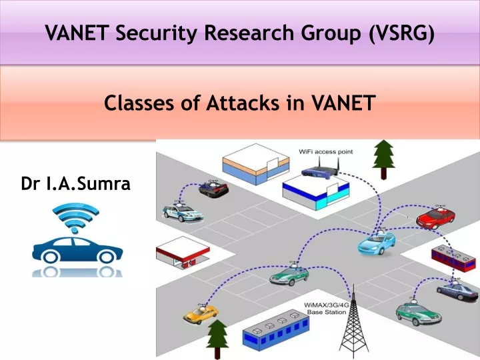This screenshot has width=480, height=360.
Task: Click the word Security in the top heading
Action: pyautogui.click(x=157, y=33)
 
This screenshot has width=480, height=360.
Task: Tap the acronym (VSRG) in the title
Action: pyautogui.click(x=401, y=33)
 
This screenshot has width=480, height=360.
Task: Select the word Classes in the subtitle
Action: pyautogui.click(x=139, y=103)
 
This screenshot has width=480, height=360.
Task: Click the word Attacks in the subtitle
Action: pyautogui.click(x=243, y=103)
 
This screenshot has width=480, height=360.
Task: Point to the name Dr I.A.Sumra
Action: pyautogui.click(x=75, y=183)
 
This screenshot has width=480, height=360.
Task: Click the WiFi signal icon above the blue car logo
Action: pyautogui.click(x=75, y=217)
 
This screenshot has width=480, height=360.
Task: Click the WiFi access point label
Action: pyautogui.click(x=326, y=151)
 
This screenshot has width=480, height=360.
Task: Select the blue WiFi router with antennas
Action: pyautogui.click(x=320, y=170)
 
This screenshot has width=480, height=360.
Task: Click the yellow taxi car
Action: pyautogui.click(x=201, y=313)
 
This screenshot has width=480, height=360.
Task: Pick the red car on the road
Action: pyautogui.click(x=435, y=218)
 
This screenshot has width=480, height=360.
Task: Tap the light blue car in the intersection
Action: pyautogui.click(x=376, y=243)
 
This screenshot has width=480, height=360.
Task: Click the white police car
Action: pyautogui.click(x=183, y=212)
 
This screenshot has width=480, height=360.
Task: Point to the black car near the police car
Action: pyautogui.click(x=213, y=188)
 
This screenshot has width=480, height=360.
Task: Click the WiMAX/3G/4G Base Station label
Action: pyautogui.click(x=327, y=309)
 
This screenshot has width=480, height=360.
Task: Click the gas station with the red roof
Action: pyautogui.click(x=183, y=252)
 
